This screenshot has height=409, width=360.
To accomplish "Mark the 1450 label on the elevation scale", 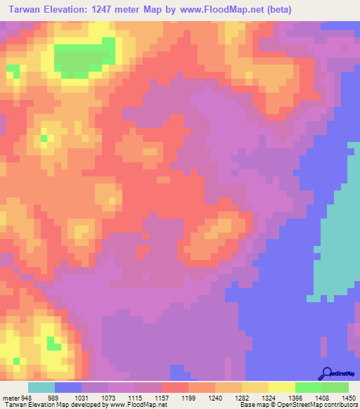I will tap(347, 397).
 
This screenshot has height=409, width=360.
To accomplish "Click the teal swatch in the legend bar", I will tap(41, 387).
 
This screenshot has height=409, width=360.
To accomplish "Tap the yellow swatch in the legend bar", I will tap(281, 387).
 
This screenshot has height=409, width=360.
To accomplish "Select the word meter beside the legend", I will tap(10, 397).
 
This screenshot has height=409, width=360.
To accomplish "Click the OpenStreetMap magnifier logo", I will tap(326, 372).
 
